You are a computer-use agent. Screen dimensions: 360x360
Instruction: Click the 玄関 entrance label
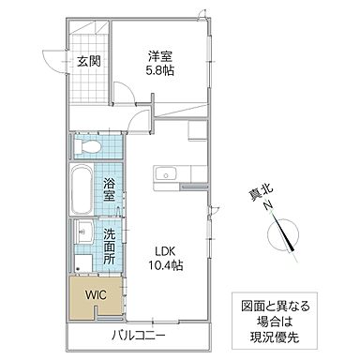click(x=89, y=62)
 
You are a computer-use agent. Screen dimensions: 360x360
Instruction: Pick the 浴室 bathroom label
click(x=109, y=189)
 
